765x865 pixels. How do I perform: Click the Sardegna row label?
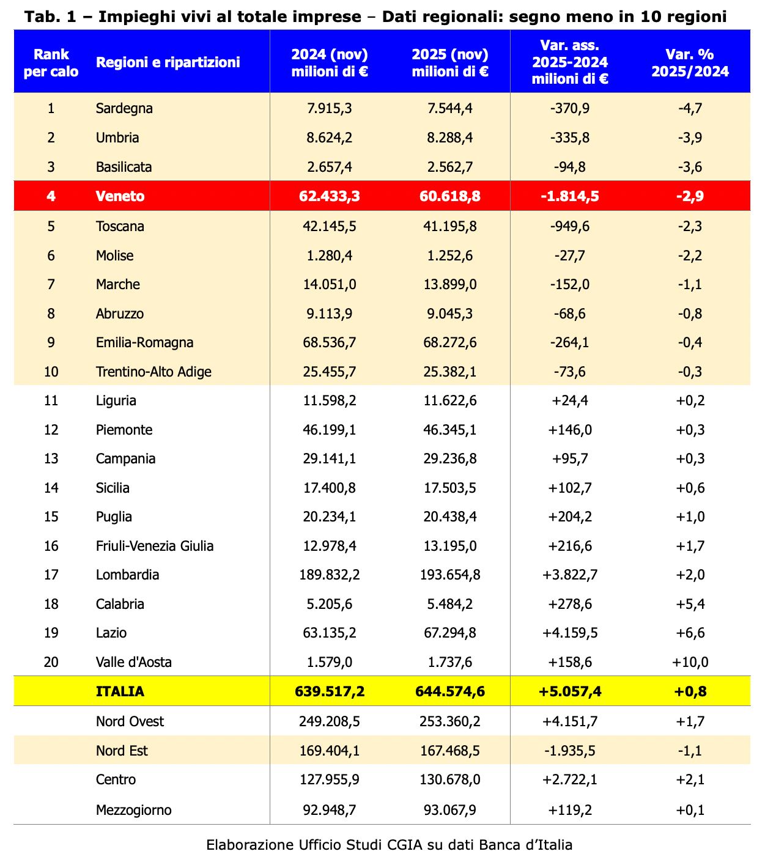pyautogui.click(x=124, y=109)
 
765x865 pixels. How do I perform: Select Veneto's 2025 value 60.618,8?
pyautogui.click(x=450, y=196)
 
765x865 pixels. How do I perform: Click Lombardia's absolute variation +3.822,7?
pyautogui.click(x=570, y=575)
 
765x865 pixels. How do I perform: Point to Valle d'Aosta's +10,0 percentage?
pyautogui.click(x=690, y=662)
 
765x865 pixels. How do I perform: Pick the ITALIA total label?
pyautogui.click(x=120, y=691)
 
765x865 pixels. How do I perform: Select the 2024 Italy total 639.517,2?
pyautogui.click(x=330, y=691)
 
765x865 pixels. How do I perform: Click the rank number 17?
pyautogui.click(x=51, y=575)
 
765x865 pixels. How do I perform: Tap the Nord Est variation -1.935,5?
pyautogui.click(x=570, y=751)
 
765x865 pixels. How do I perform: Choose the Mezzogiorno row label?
pyautogui.click(x=133, y=811)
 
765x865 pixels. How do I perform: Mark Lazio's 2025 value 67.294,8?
pyautogui.click(x=450, y=633)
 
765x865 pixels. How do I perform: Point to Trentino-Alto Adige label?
pyautogui.click(x=153, y=372)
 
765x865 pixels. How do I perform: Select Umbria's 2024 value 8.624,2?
pyautogui.click(x=330, y=138)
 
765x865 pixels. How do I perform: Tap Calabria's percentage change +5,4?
pyautogui.click(x=690, y=605)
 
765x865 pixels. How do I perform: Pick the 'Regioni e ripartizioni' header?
pyautogui.click(x=168, y=62)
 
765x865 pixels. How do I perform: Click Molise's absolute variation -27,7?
pyautogui.click(x=570, y=256)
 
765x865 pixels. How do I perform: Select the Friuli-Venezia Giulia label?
pyautogui.click(x=155, y=546)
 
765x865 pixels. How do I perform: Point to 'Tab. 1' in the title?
pyautogui.click(x=45, y=17)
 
